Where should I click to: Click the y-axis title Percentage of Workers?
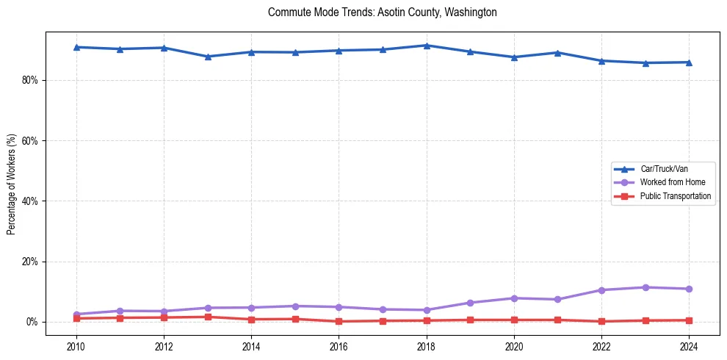click(11, 184)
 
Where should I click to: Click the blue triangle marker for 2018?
click(427, 46)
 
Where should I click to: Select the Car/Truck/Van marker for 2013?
click(208, 57)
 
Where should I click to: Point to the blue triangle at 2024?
click(689, 62)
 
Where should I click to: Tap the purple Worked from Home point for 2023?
click(645, 287)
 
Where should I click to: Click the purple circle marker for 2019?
click(470, 303)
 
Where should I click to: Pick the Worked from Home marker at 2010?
click(76, 314)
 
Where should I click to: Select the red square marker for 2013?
click(208, 317)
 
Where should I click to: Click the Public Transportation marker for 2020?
click(514, 320)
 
